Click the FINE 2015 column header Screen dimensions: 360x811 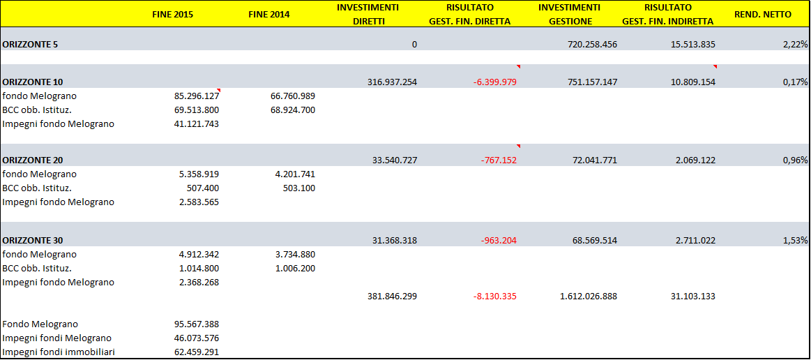pyautogui.click(x=173, y=15)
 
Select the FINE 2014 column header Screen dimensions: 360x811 pyautogui.click(x=268, y=15)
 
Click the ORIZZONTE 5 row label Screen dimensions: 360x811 pyautogui.click(x=31, y=45)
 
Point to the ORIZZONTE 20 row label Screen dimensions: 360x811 pyautogui.click(x=33, y=160)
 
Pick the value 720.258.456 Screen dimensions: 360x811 pyautogui.click(x=589, y=45)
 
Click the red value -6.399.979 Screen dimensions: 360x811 pyautogui.click(x=494, y=82)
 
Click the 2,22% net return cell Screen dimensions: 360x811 pyautogui.click(x=795, y=45)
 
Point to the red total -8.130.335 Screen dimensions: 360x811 pyautogui.click(x=494, y=297)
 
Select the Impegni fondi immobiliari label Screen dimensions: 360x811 pyautogui.click(x=58, y=352)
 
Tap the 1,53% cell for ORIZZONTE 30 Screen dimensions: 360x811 pyautogui.click(x=795, y=241)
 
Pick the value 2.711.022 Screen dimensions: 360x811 pyautogui.click(x=690, y=241)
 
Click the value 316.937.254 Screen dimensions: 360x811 pyautogui.click(x=392, y=82)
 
